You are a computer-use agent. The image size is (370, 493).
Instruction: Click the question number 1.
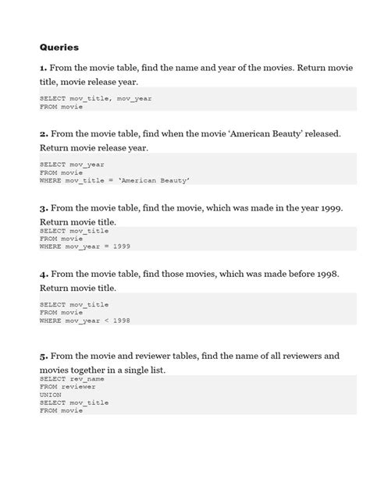44,69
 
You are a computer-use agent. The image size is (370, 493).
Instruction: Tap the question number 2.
44,134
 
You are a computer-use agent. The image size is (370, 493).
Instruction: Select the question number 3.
44,209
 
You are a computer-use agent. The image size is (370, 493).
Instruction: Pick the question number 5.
44,356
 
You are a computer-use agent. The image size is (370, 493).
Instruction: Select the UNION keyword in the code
51,394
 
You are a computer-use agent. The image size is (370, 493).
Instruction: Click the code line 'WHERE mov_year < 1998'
84,321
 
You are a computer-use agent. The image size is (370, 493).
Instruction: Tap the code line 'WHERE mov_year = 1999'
84,247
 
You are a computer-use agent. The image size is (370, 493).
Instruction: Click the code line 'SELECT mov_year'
71,164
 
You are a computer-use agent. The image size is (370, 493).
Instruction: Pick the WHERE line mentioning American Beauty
115,180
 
